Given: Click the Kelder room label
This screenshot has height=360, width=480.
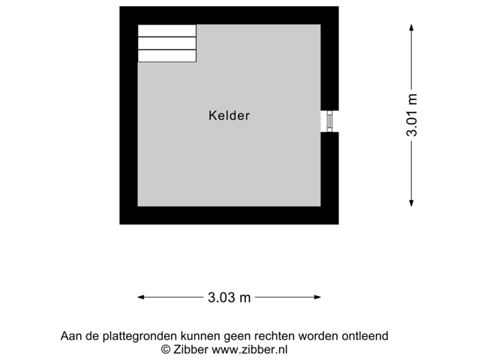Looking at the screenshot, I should tap(229, 115).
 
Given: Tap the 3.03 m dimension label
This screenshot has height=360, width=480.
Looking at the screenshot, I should tap(229, 297).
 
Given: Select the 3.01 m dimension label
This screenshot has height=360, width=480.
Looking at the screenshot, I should tap(412, 115).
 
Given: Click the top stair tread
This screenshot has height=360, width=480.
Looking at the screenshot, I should tap(167, 31).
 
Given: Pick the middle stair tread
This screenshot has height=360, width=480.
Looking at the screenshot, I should tap(167, 43).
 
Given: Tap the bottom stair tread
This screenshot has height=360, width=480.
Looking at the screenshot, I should tap(167, 55).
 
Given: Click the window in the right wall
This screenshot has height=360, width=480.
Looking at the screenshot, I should tap(329, 121).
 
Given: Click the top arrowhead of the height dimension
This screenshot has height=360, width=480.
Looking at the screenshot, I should tap(411, 27).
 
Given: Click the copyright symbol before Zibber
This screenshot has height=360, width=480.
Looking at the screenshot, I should tap(165, 349).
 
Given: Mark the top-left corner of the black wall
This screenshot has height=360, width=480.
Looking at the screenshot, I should tap(120, 7).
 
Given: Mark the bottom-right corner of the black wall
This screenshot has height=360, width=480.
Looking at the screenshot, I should tap(339, 224).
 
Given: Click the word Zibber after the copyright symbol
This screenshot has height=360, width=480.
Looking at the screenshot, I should tap(191, 349).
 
